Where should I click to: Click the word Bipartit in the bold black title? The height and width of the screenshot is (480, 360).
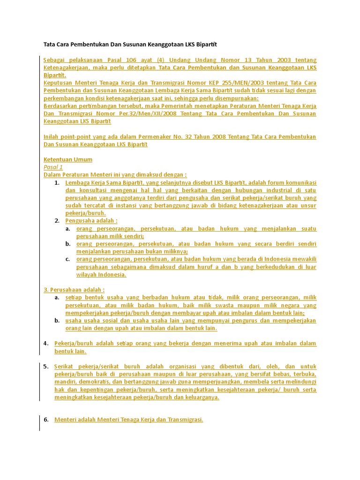click(204, 45)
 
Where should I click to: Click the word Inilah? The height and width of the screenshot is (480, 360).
click(52, 137)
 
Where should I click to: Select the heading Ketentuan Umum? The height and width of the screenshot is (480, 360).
click(68, 160)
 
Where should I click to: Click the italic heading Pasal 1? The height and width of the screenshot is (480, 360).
click(53, 167)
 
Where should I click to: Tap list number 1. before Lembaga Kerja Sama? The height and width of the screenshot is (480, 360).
click(57, 183)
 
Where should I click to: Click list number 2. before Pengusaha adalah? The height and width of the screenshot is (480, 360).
click(57, 221)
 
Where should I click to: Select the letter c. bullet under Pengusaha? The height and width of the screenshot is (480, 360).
click(68, 259)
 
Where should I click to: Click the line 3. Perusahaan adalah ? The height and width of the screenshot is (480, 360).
click(74, 290)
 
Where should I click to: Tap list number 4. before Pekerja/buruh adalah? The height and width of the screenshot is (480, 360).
click(46, 344)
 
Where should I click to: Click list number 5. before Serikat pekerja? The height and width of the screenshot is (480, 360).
click(46, 367)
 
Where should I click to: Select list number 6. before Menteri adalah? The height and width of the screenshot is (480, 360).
click(46, 420)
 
